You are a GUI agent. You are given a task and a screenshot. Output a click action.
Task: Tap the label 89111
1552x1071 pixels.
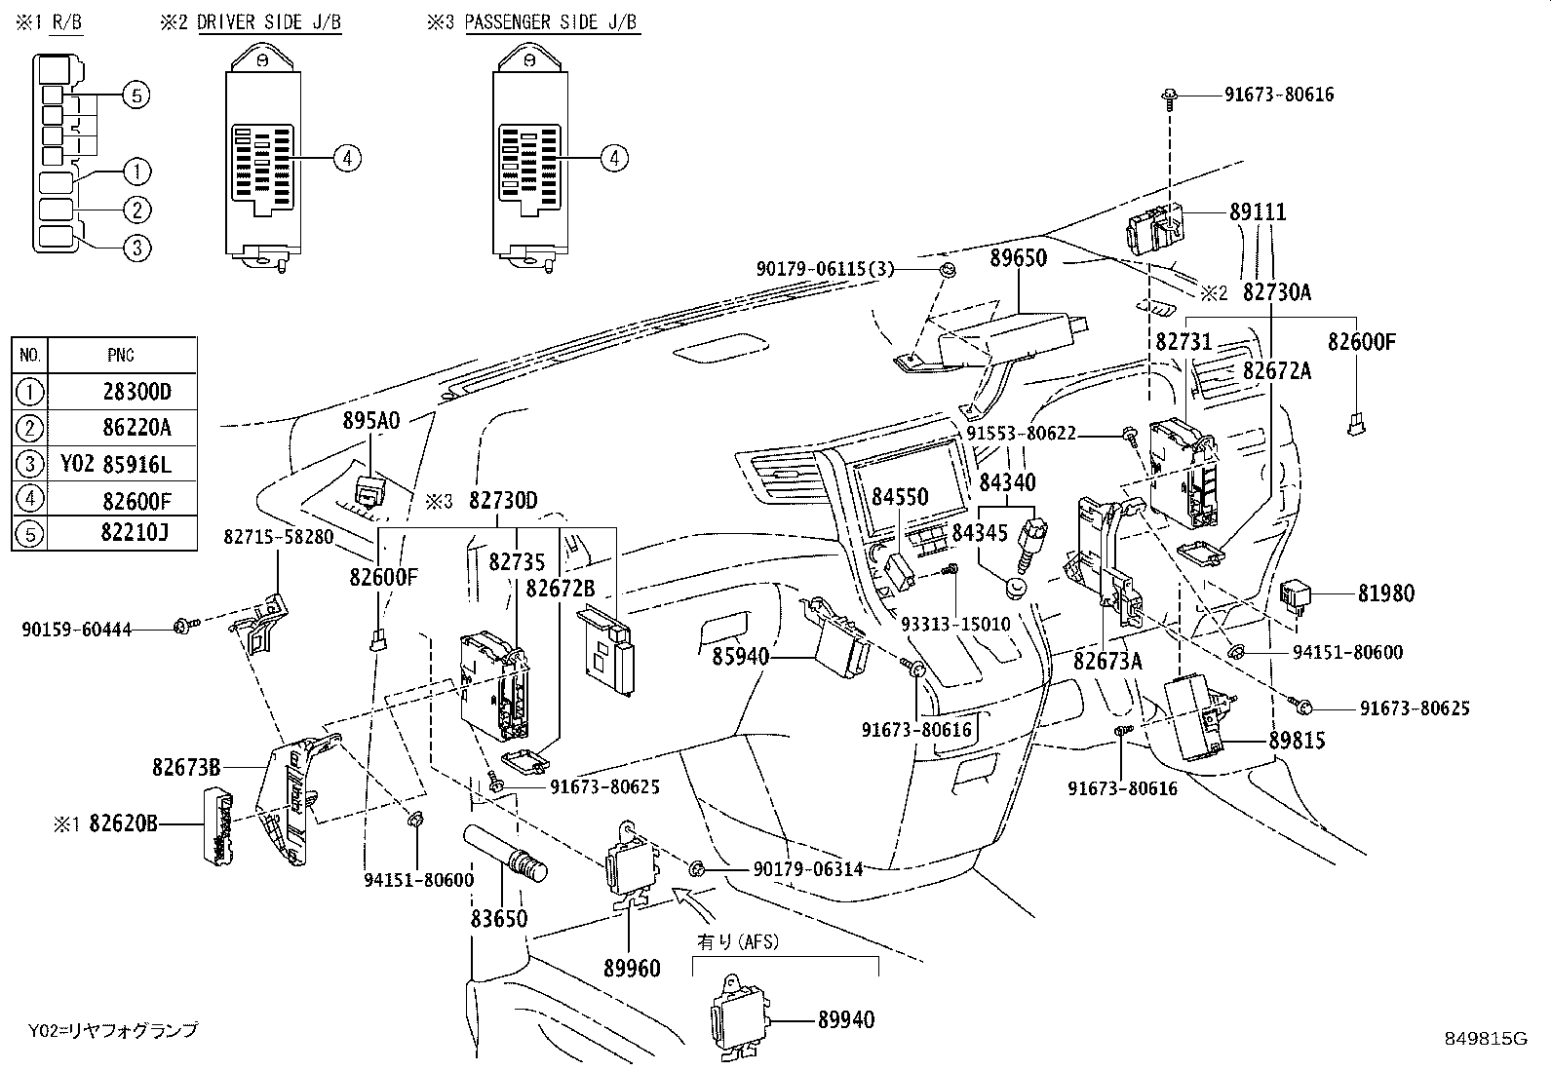1258,212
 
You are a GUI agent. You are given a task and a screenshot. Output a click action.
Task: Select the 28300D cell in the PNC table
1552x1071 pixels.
136,392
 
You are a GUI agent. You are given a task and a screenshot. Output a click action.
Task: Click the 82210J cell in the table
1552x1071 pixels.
136,534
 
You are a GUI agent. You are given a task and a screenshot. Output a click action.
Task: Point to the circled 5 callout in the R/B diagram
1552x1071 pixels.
136,96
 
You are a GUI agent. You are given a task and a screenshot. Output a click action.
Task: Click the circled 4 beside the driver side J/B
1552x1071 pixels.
348,158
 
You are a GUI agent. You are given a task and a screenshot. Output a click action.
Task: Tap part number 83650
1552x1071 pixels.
499,918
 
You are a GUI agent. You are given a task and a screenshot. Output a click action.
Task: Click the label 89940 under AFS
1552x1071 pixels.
846,1020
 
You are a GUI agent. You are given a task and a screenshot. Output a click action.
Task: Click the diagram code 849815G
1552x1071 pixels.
1486,1038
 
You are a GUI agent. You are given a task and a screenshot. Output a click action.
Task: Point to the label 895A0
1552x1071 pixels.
370,420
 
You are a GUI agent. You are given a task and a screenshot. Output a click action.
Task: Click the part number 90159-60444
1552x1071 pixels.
76,631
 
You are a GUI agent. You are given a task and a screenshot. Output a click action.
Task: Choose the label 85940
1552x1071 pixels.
741,658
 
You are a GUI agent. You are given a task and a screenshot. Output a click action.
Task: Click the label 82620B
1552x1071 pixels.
122,823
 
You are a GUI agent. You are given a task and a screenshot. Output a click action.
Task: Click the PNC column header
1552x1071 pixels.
122,355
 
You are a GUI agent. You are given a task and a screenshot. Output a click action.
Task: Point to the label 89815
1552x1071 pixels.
1297,741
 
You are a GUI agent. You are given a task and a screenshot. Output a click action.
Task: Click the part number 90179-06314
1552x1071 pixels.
807,868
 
